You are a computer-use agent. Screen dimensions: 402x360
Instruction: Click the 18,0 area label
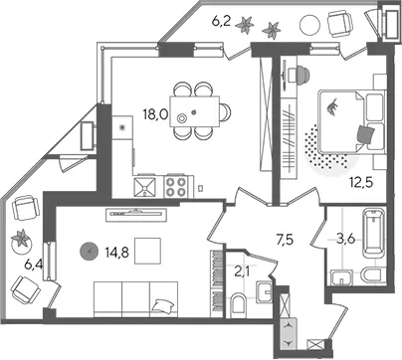[x=155, y=115]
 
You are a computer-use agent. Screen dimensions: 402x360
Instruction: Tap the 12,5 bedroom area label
[x=361, y=182]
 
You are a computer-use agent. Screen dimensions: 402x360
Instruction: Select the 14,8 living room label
[x=117, y=254]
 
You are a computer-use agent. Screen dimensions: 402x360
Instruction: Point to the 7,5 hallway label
[x=285, y=239]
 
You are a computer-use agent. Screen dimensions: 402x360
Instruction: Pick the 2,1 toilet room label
[x=243, y=272]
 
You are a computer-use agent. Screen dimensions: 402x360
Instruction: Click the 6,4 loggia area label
[x=34, y=266]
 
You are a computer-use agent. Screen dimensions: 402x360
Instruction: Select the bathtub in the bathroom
[x=374, y=233]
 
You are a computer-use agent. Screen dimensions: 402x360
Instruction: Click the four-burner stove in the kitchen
[x=176, y=187]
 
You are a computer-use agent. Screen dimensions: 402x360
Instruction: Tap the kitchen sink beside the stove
[x=144, y=188]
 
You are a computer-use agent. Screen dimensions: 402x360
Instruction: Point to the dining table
[x=195, y=111]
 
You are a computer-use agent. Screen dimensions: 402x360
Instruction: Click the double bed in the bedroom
[x=351, y=121]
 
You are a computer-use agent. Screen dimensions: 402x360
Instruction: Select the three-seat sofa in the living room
[x=135, y=299]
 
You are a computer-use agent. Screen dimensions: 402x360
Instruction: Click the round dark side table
[x=89, y=252]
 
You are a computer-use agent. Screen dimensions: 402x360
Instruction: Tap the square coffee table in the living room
[x=147, y=251]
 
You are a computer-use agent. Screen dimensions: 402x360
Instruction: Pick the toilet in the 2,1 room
[x=239, y=303]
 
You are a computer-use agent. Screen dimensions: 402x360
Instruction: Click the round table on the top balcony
[x=310, y=25]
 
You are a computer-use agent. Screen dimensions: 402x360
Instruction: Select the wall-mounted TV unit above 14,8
[x=136, y=215]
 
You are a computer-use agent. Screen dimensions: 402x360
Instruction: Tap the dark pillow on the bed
[x=366, y=135]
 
